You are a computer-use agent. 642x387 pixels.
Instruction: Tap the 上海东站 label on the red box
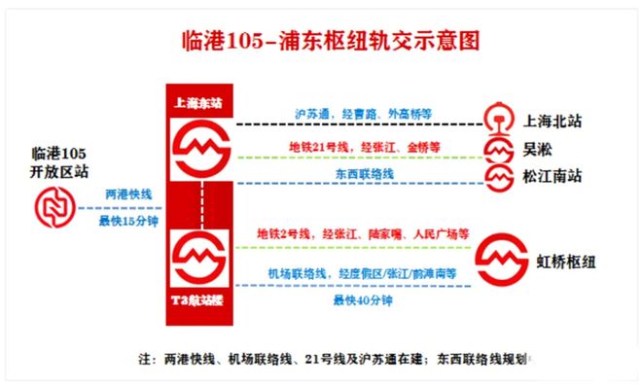[x=201, y=101]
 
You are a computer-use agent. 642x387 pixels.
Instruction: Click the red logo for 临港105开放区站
[x=54, y=208]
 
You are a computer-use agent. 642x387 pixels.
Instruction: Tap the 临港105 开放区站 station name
[x=59, y=163]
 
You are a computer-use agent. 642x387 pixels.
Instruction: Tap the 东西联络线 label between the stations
[x=364, y=173]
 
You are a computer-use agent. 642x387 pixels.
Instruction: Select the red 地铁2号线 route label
[x=363, y=234]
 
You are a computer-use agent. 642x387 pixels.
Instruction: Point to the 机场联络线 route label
[x=363, y=275]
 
